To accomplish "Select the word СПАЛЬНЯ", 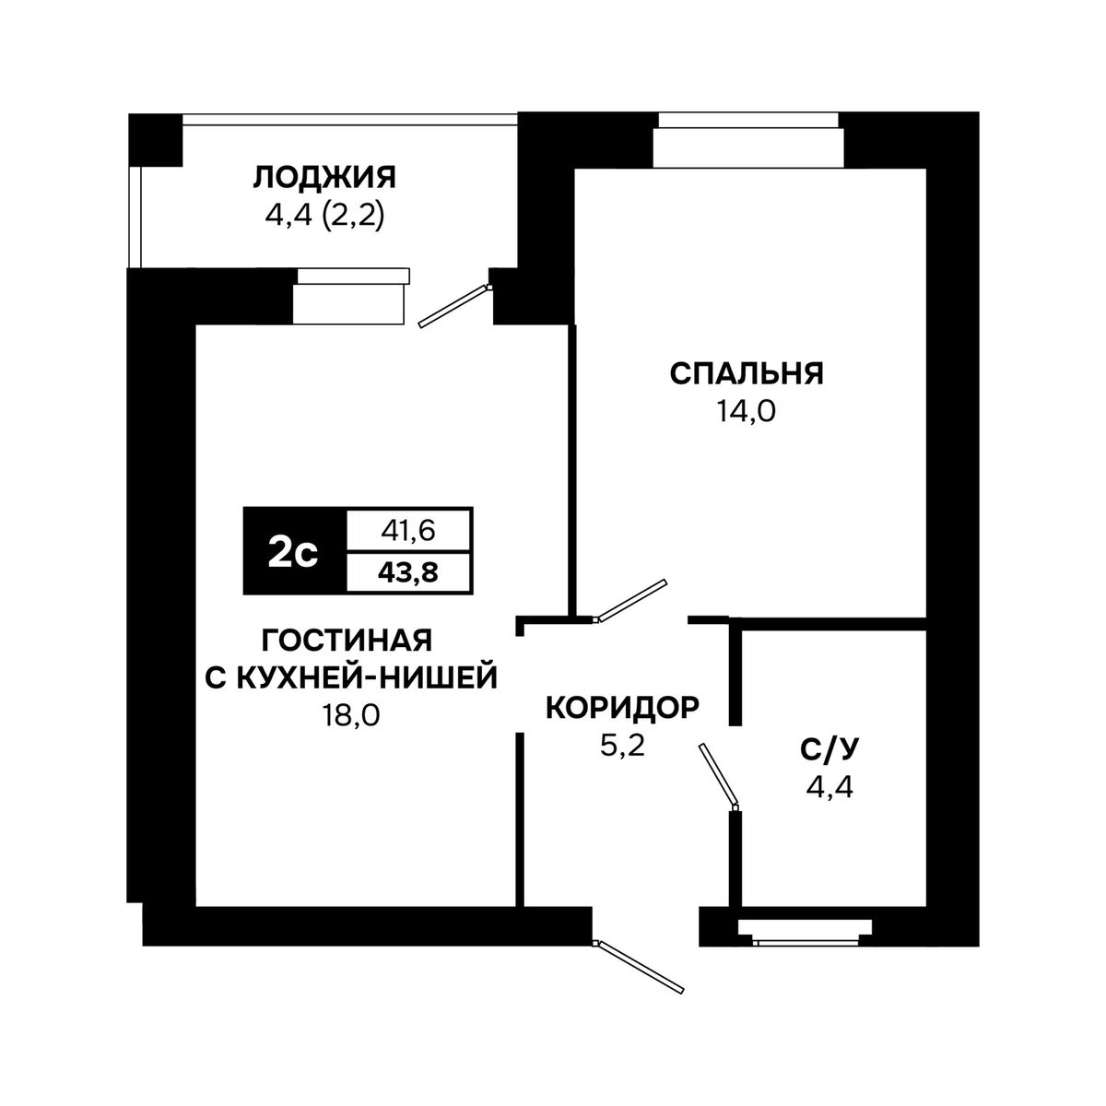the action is coord(747,373).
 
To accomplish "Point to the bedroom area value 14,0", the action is coord(746,411).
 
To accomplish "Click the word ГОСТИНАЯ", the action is coord(347,640).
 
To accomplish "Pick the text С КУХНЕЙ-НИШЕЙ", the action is coord(351,678).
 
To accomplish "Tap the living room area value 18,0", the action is coord(351,716).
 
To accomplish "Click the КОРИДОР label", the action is coord(623,708).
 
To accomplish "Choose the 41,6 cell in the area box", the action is coord(408,531).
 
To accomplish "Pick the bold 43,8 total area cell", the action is coord(408,572).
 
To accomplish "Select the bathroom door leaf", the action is coord(717,774).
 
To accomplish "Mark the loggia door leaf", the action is coord(454,306).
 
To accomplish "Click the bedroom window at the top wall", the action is coord(747,140).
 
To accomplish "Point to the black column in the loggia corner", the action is coord(155,140).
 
